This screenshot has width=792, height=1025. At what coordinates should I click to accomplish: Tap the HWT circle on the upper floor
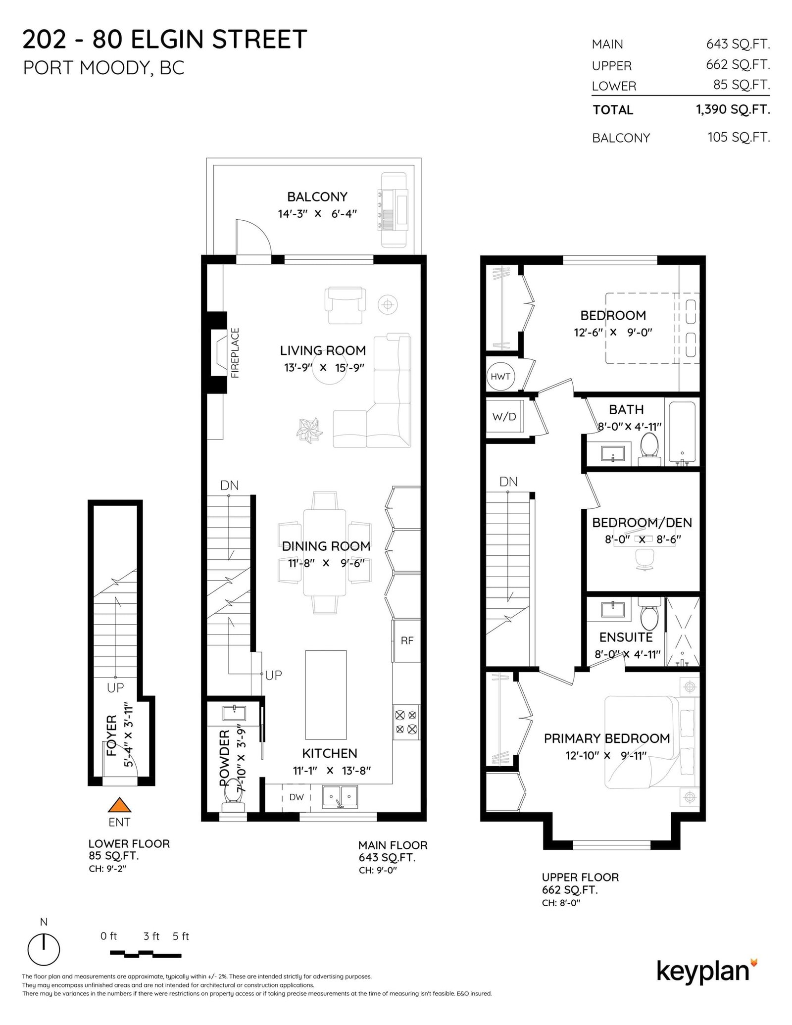(x=500, y=377)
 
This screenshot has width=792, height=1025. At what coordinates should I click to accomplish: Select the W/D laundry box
(x=504, y=416)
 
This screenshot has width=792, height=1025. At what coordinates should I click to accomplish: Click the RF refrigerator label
(x=407, y=640)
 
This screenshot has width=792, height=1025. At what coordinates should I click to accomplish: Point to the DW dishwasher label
(x=297, y=797)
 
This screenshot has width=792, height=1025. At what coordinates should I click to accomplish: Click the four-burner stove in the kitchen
(x=406, y=722)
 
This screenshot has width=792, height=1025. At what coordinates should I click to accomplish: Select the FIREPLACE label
(x=235, y=353)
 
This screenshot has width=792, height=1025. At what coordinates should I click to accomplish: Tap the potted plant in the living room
(x=309, y=430)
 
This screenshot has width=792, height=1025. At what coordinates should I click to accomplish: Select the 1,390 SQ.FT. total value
(x=733, y=109)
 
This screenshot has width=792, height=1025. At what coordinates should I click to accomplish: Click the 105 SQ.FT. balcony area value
(x=739, y=137)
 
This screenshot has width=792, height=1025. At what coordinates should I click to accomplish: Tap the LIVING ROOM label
(x=323, y=350)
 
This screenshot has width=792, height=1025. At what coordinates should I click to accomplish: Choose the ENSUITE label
(x=626, y=637)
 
